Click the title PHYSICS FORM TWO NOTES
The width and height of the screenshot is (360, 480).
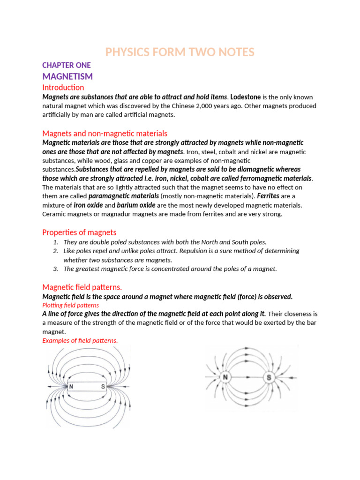[x=180, y=52]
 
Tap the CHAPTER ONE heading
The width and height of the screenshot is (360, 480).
[x=66, y=65]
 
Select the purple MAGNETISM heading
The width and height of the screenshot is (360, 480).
[x=67, y=76]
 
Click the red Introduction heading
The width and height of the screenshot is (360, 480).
[x=63, y=88]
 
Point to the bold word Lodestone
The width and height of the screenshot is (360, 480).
[x=246, y=97]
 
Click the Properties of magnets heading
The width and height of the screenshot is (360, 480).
[x=79, y=232]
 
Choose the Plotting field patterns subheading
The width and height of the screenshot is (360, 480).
[x=71, y=305]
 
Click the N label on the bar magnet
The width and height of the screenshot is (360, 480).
[x=71, y=387]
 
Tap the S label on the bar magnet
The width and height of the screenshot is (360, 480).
[x=102, y=387]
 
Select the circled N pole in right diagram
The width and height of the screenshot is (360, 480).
[x=225, y=377]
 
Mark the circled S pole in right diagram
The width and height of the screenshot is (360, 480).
[x=269, y=377]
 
